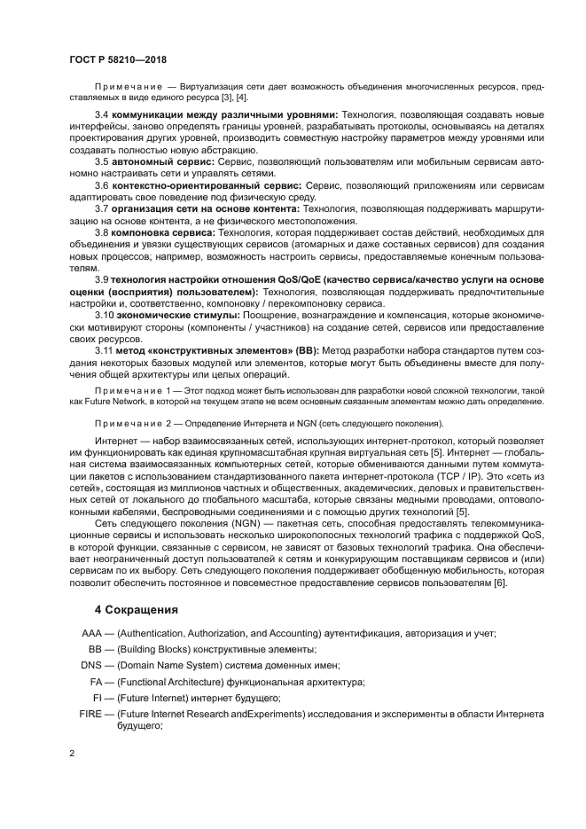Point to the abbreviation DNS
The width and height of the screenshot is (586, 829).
(91, 664)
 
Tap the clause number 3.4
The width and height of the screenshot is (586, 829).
(102, 115)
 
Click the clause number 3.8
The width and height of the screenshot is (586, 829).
(102, 232)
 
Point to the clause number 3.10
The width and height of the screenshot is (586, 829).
(105, 314)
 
